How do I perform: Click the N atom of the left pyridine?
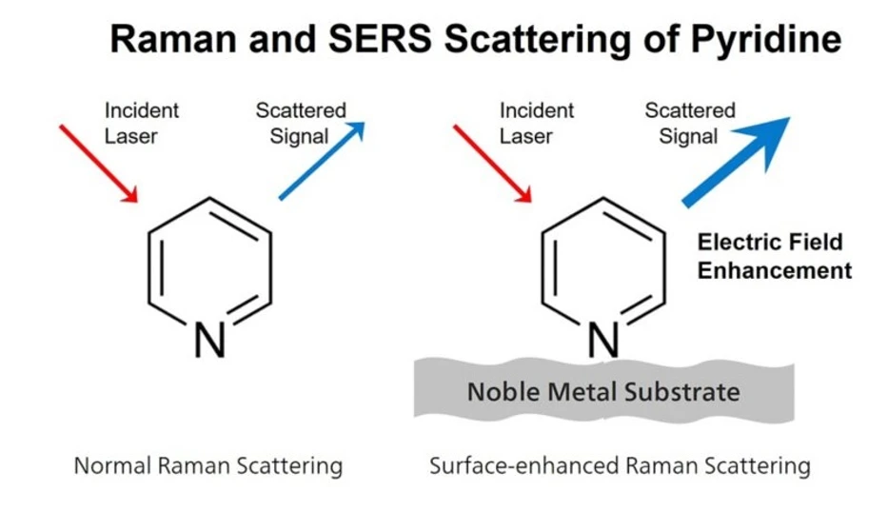(209, 341)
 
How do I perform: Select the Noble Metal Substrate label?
(603, 391)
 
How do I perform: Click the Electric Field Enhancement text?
(774, 256)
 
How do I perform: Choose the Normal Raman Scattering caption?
(208, 466)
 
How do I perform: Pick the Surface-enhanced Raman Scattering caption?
(620, 466)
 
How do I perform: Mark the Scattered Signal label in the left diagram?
(300, 123)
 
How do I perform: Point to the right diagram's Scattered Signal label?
(690, 123)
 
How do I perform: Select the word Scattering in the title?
(532, 40)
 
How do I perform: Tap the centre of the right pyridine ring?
(602, 262)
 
